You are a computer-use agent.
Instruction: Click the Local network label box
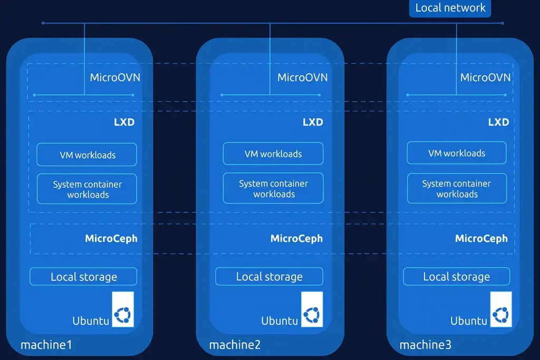tap(450, 8)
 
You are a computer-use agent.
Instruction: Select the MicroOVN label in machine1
tap(115, 77)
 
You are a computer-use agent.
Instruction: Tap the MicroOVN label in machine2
tap(302, 77)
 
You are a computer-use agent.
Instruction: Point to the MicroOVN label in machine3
tap(485, 77)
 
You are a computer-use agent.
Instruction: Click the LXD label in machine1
tap(124, 122)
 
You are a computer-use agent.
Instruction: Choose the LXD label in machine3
tap(498, 122)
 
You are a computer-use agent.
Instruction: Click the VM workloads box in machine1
tap(87, 154)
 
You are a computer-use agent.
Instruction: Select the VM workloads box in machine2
tap(273, 154)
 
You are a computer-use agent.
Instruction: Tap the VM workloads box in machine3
tap(457, 153)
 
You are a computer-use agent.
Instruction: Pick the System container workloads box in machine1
tap(87, 189)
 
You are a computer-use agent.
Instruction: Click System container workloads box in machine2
tap(273, 189)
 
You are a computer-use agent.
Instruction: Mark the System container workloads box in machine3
tap(457, 189)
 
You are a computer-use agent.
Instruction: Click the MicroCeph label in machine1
tap(111, 239)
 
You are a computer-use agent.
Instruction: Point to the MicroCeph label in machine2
tap(296, 239)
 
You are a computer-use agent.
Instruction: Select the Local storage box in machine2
tap(269, 277)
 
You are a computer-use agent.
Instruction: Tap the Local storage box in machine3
tap(457, 277)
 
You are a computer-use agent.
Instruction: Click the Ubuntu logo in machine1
tap(123, 315)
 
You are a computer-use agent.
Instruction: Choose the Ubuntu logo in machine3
tap(501, 315)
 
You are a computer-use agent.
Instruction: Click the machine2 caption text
tap(235, 345)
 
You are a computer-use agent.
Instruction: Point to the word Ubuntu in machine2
tap(279, 320)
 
